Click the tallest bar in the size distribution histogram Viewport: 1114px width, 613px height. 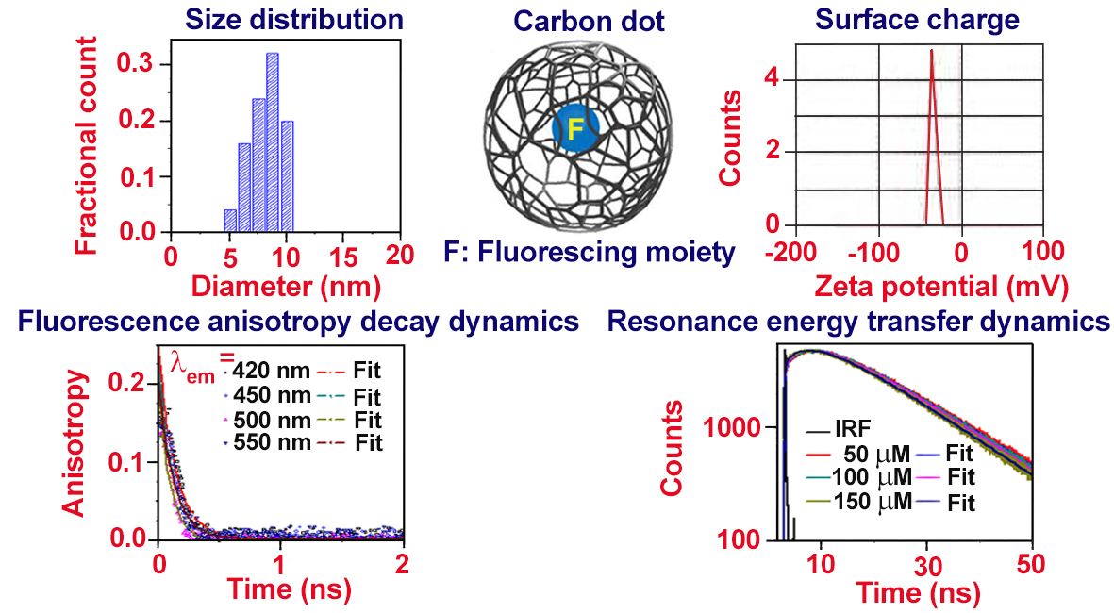pos(272,141)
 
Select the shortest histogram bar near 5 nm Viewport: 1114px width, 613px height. pos(229,221)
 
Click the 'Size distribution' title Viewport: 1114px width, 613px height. pos(281,18)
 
